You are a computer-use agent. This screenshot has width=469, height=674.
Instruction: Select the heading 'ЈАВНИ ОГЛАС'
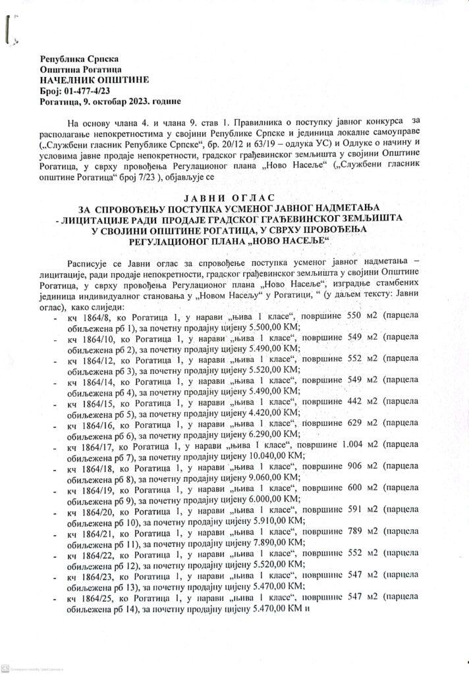click(235, 197)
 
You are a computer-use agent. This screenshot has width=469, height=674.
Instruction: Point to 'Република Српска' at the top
click(75, 59)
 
